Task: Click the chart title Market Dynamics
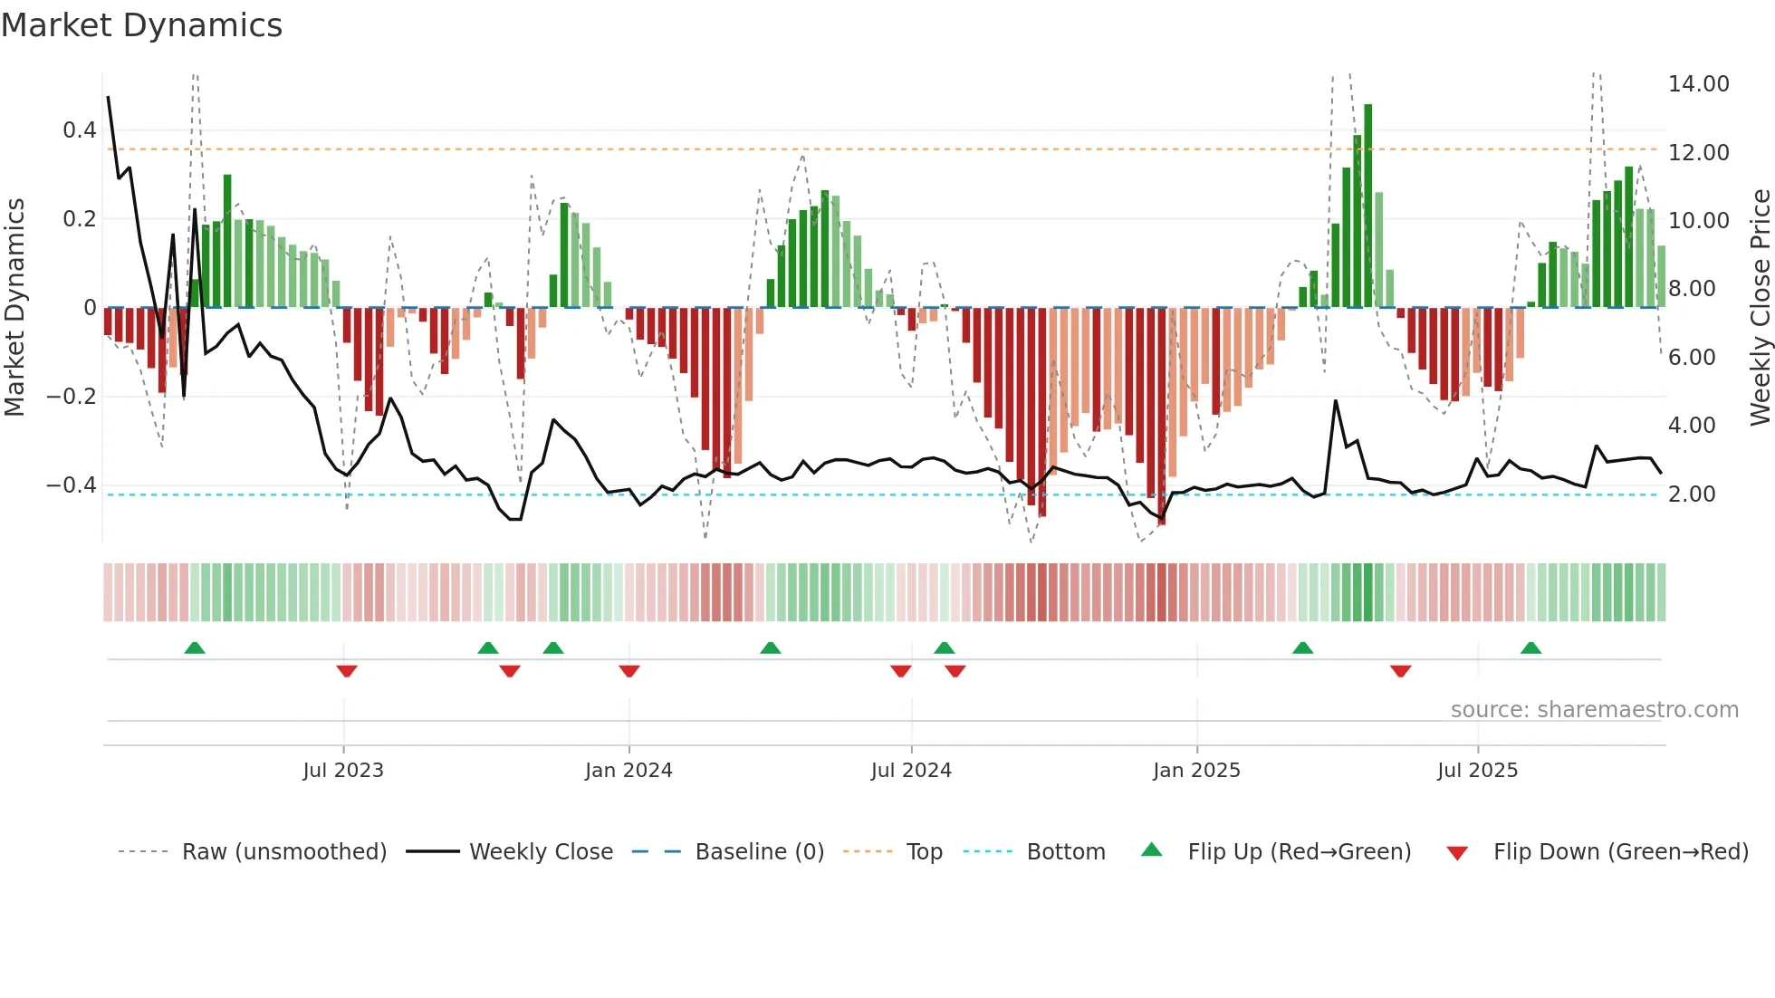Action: [141, 25]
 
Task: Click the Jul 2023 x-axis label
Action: [343, 771]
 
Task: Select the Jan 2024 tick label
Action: [628, 771]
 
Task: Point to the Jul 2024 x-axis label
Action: [911, 771]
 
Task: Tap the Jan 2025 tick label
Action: [1196, 771]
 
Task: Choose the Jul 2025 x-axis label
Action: [1477, 771]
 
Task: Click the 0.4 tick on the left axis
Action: [79, 130]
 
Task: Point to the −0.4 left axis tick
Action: [72, 485]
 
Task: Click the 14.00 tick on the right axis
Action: [1698, 84]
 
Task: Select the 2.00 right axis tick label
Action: [1692, 494]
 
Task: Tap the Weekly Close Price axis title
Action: [1760, 308]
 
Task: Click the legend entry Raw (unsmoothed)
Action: [283, 852]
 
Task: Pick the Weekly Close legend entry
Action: [541, 852]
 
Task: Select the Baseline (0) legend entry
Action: [759, 852]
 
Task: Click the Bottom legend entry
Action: [1065, 852]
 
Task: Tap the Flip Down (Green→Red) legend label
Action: [1620, 852]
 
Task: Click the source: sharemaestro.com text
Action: [1594, 710]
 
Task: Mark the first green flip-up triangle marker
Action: [194, 648]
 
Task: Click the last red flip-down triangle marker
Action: [1400, 671]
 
